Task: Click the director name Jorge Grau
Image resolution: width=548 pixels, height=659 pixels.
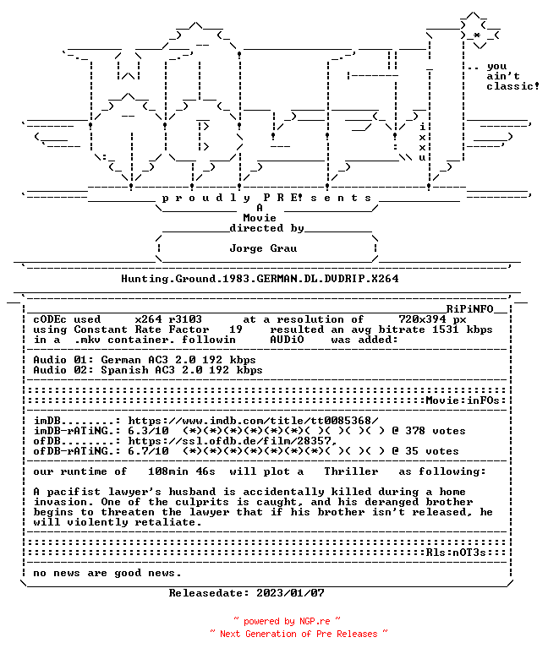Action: coord(263,248)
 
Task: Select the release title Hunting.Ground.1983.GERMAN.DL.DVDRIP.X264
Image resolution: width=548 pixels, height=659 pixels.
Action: coord(260,279)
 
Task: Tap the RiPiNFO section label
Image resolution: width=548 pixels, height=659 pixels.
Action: coord(469,309)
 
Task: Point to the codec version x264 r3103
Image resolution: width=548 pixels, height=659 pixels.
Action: coord(168,319)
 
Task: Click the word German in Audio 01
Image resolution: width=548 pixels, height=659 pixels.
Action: coord(121,360)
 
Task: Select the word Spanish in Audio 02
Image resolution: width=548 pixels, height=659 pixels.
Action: coord(124,370)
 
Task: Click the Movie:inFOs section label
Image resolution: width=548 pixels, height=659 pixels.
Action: coord(463,400)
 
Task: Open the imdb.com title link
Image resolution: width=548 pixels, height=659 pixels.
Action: coord(253,421)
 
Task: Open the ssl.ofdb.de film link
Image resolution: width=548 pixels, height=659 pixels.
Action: coord(233,441)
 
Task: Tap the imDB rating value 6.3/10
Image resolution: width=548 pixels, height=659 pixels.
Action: coord(149,431)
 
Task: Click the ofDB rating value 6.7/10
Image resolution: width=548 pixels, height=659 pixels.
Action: coord(149,451)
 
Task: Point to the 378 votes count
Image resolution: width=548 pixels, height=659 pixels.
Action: coord(436,431)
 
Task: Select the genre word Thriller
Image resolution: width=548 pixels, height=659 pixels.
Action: coord(351,471)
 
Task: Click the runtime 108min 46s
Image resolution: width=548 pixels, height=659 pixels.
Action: coord(182,471)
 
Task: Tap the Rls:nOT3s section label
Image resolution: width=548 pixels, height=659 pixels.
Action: coord(456,553)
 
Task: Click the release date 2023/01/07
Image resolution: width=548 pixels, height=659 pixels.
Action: coord(291,593)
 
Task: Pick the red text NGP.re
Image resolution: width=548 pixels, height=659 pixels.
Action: coord(315,621)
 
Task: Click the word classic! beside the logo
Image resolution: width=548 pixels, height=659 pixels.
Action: coord(513,86)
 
